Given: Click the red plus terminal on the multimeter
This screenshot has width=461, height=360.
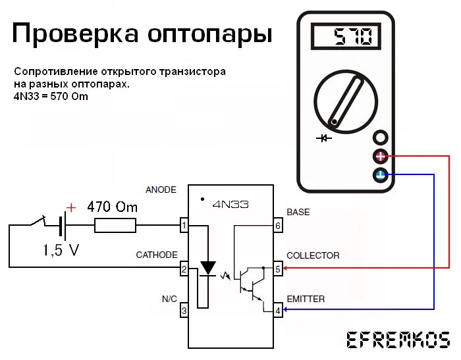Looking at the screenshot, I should (381, 157).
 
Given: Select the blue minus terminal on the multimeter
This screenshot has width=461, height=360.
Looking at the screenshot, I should (381, 175).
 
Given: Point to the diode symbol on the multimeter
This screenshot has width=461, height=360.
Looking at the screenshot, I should (323, 138).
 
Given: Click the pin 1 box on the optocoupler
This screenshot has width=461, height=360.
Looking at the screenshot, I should (184, 226).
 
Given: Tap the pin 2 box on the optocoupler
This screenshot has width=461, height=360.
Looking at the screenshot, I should (184, 269).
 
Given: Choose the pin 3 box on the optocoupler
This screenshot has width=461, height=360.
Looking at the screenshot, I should (184, 311).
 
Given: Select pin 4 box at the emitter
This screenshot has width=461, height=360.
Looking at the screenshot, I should (277, 311).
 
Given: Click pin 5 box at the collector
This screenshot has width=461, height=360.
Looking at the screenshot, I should (277, 269).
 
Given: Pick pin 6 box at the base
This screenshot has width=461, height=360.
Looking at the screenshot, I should (277, 226).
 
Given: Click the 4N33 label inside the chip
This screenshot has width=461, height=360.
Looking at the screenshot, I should (230, 205).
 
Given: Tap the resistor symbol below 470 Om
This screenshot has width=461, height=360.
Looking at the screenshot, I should (115, 226).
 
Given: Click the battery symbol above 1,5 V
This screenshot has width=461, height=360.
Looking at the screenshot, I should (61, 227).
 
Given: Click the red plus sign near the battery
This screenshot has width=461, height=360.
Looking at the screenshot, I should (71, 208).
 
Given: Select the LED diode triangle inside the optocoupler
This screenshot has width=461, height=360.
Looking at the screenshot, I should (208, 267).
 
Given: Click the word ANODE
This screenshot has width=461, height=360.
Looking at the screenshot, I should (161, 190).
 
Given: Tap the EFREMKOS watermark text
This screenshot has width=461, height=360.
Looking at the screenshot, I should (398, 340).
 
